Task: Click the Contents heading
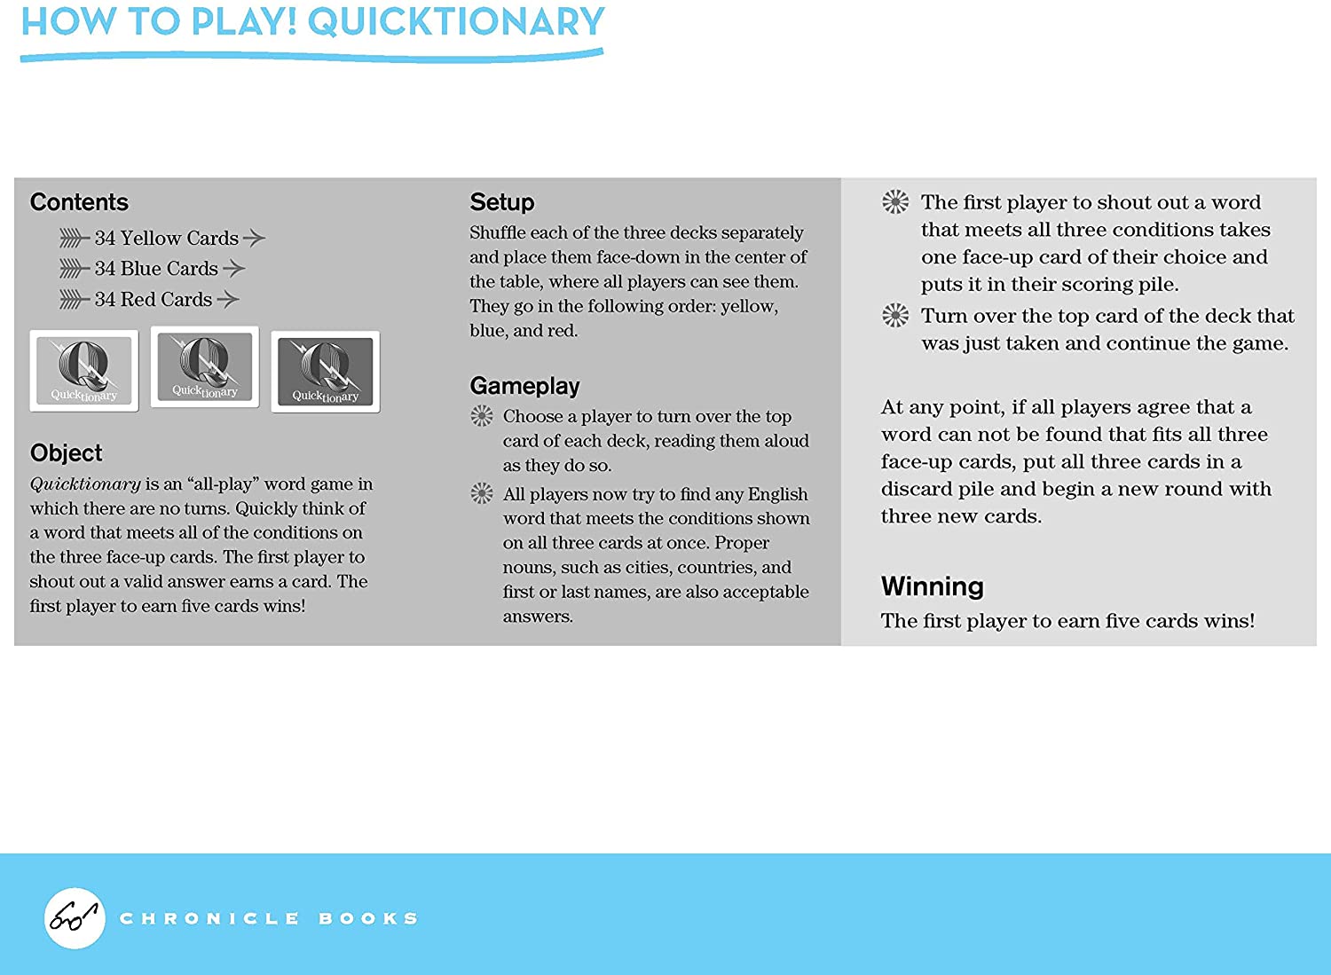tap(79, 202)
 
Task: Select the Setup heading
tap(501, 202)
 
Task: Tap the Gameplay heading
tap(524, 386)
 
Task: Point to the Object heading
tap(67, 453)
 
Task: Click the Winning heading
tap(932, 586)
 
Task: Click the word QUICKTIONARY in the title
tap(456, 22)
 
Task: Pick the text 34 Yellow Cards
tap(166, 238)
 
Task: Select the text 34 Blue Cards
tap(155, 268)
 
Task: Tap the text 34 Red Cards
tap(153, 299)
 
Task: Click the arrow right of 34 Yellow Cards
tap(254, 238)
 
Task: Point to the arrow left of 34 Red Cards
tap(74, 300)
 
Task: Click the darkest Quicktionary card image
tap(326, 372)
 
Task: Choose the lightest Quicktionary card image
tap(84, 371)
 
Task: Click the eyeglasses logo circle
tap(75, 918)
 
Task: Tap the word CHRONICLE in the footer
tap(209, 918)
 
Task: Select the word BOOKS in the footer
tap(368, 918)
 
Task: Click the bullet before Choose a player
tap(482, 415)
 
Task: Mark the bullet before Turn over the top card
tap(895, 315)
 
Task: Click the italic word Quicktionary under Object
tap(85, 484)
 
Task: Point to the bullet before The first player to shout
tap(895, 202)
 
